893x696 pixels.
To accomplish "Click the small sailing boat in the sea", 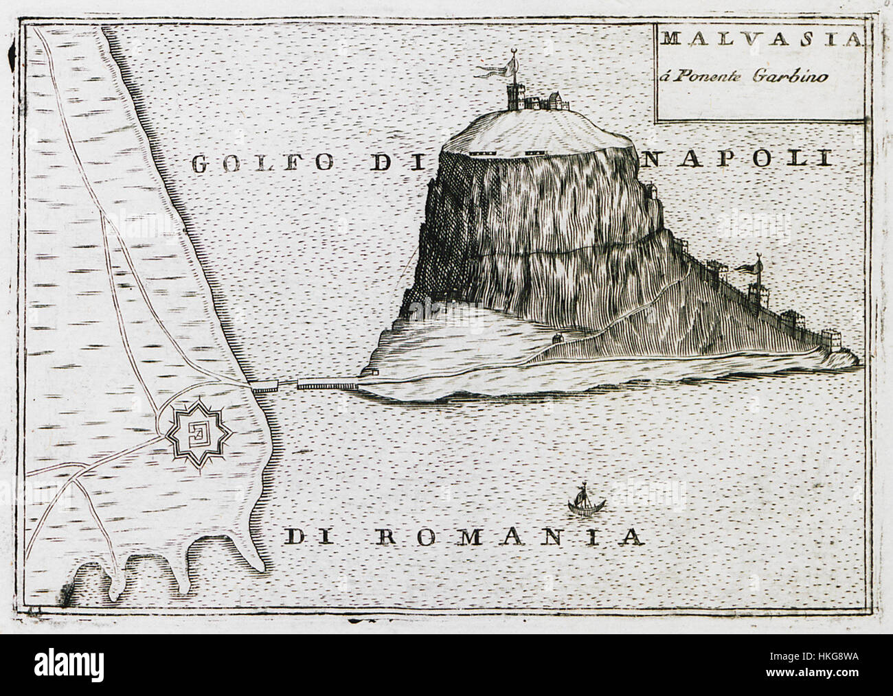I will coord(583,500).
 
